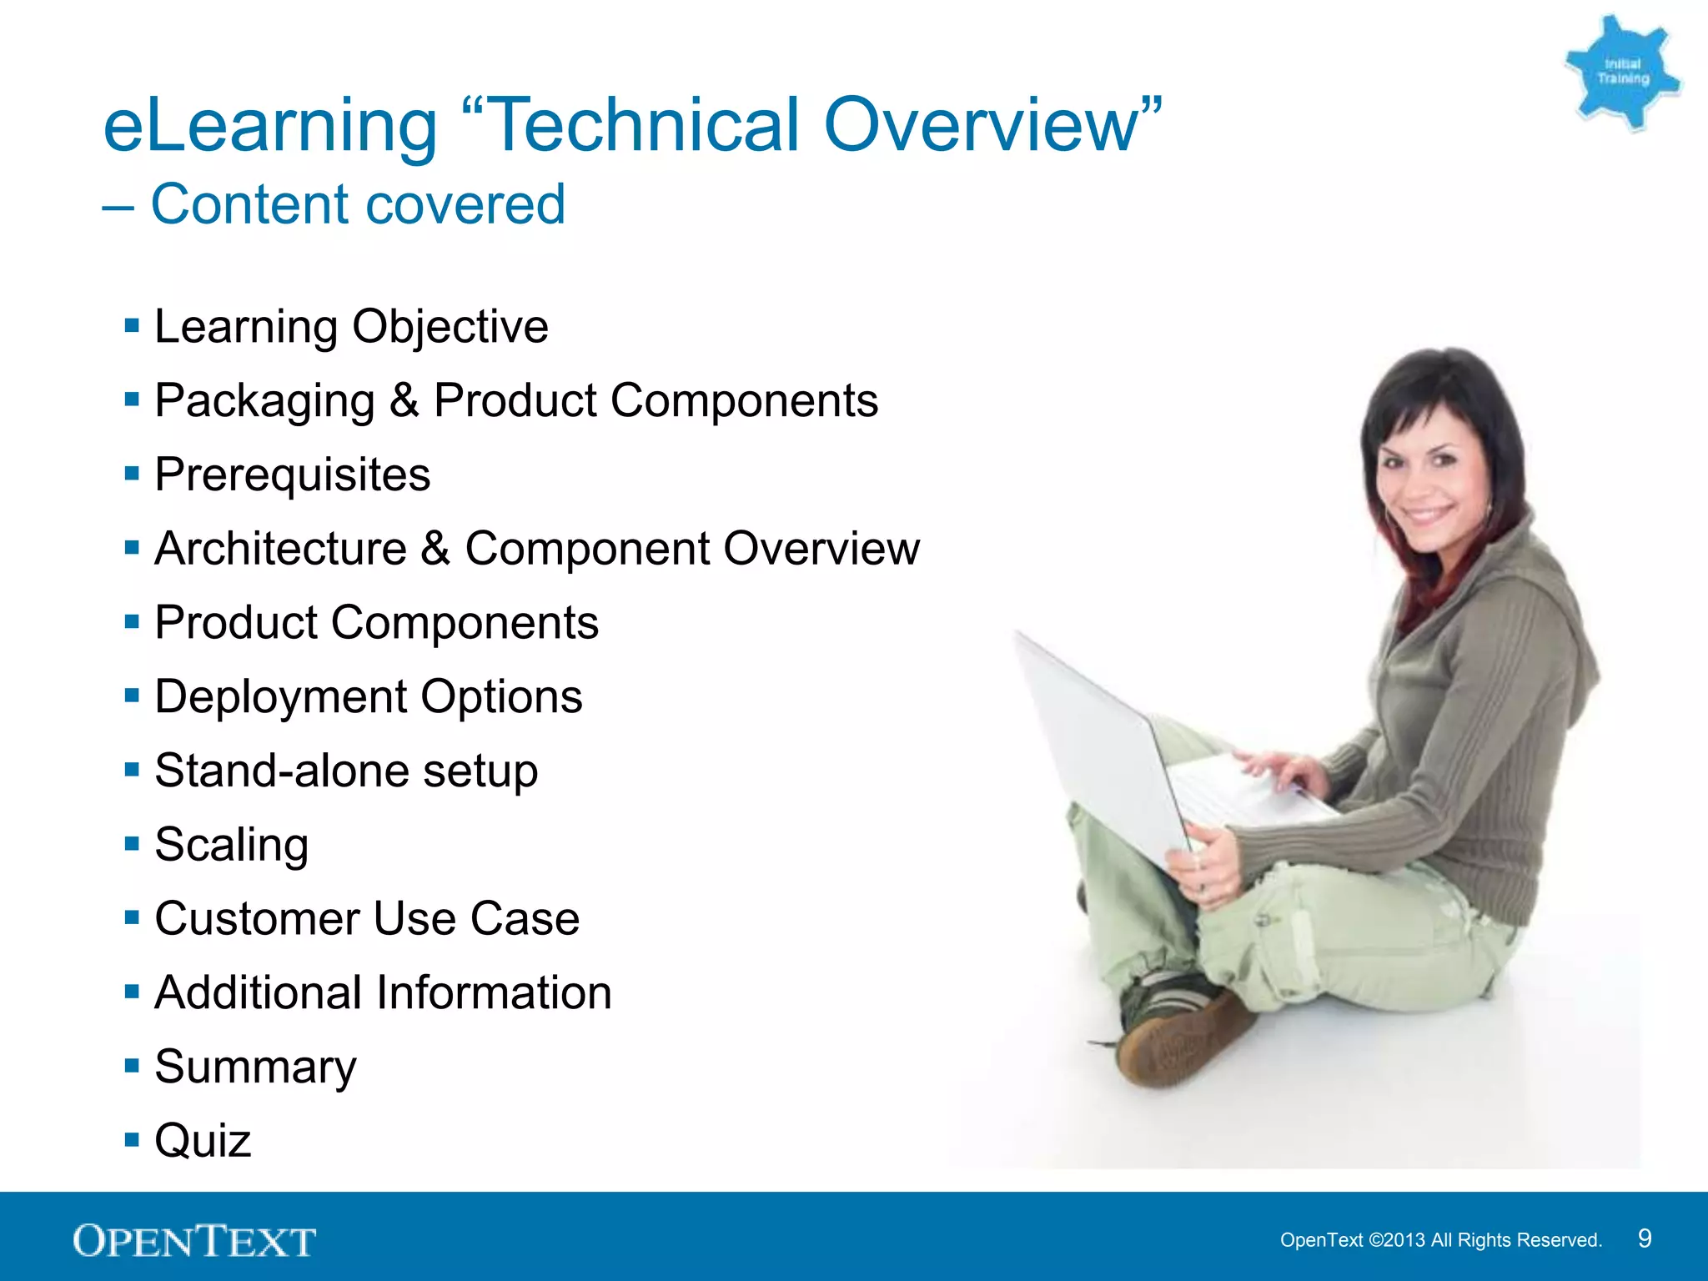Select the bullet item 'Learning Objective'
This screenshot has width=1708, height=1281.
tap(350, 326)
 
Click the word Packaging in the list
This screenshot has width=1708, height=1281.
tap(264, 400)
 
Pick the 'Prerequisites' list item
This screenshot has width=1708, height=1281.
tap(292, 475)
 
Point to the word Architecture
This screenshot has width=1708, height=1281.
tap(280, 549)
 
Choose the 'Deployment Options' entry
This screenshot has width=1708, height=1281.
tap(368, 696)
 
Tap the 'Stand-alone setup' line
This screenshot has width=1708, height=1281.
tap(345, 771)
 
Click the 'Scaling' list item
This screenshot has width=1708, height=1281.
tap(231, 845)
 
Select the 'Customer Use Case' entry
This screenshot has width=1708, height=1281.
tap(366, 919)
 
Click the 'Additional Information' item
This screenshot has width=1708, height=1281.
tap(383, 992)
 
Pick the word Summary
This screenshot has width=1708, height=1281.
tap(255, 1067)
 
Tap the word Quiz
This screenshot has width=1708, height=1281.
tap(203, 1141)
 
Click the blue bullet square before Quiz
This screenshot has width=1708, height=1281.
tap(132, 1139)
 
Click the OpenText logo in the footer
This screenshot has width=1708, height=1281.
tap(193, 1241)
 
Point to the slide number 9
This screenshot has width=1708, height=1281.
tap(1644, 1238)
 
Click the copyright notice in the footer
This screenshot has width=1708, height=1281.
tap(1440, 1240)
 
